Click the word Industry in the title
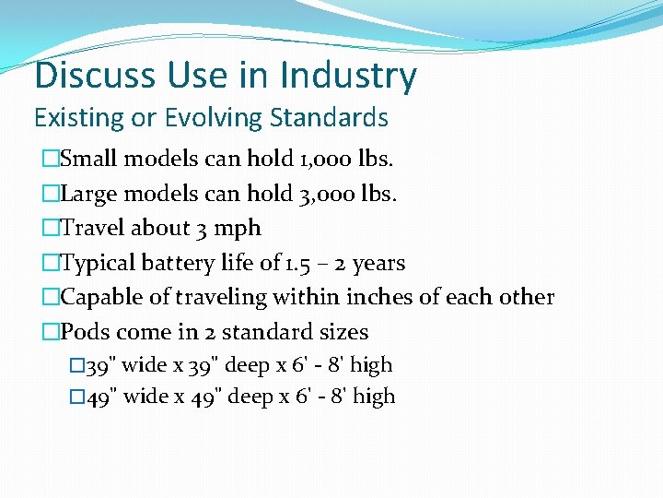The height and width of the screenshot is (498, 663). [348, 76]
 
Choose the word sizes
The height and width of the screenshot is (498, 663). [342, 332]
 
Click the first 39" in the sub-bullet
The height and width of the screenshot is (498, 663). [100, 365]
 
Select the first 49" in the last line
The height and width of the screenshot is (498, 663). [100, 397]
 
